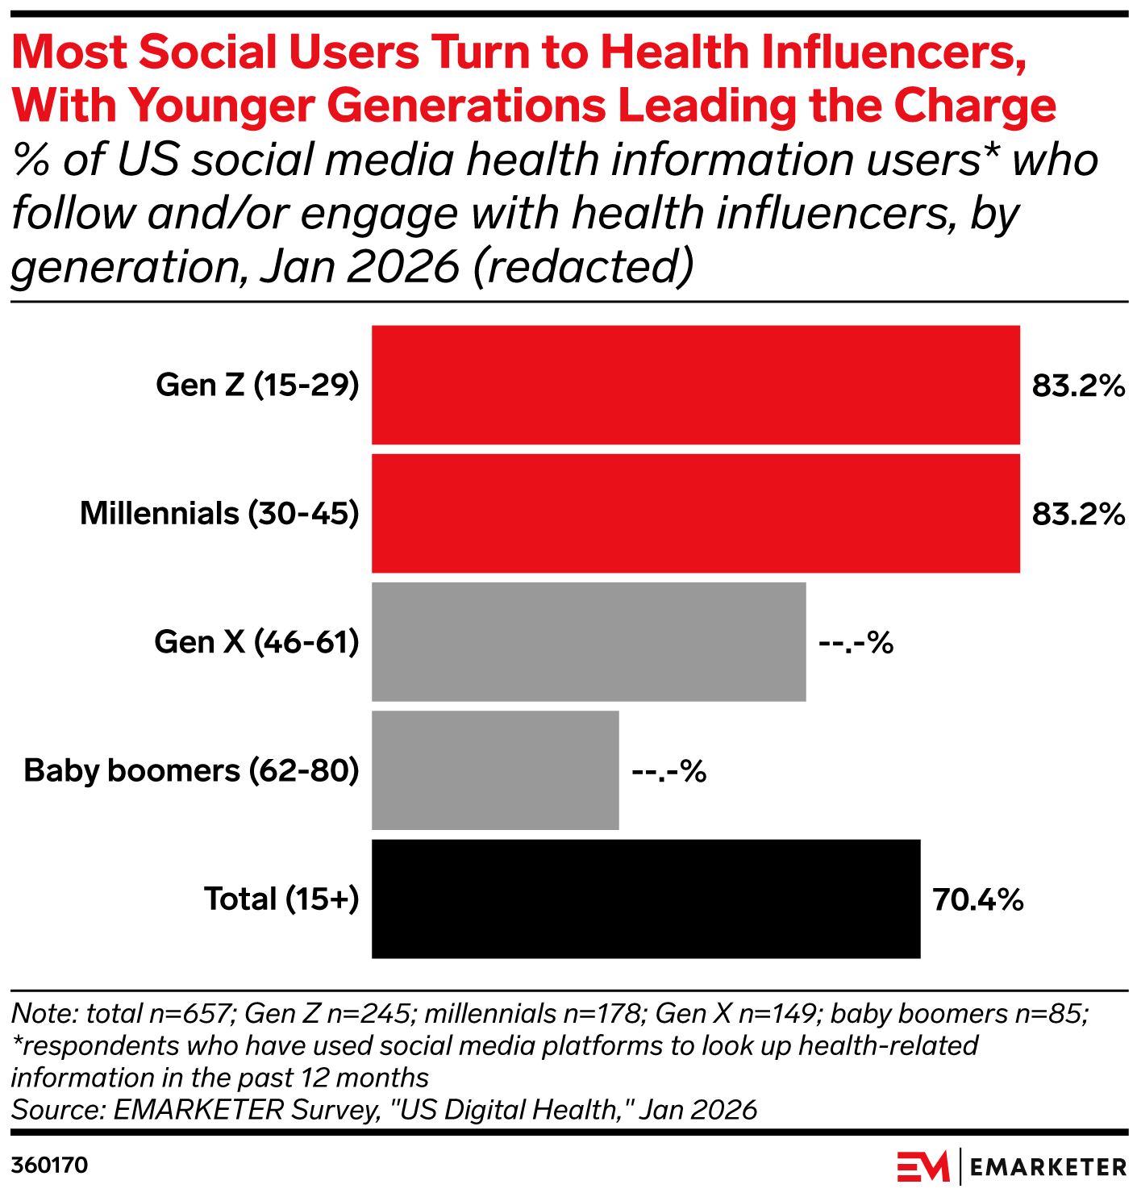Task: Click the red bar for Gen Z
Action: [x=695, y=385]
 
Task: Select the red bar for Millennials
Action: [x=695, y=513]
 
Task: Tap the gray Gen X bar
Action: [x=589, y=641]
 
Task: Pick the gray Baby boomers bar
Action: [x=495, y=769]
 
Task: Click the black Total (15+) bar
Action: [x=645, y=899]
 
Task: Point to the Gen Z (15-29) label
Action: [x=257, y=385]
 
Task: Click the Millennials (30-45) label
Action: [x=219, y=513]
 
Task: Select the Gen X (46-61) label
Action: [x=256, y=642]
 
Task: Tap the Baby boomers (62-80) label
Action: [x=191, y=770]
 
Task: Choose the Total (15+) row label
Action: [x=281, y=899]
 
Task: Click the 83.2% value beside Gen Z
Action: [x=1078, y=386]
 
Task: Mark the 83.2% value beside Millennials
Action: [x=1078, y=514]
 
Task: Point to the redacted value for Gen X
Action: [x=856, y=643]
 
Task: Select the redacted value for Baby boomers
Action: [x=668, y=771]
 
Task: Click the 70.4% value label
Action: [x=977, y=899]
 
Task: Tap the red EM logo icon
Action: [x=923, y=1166]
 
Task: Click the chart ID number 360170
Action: [x=49, y=1166]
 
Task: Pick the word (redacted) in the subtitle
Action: [x=582, y=266]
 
